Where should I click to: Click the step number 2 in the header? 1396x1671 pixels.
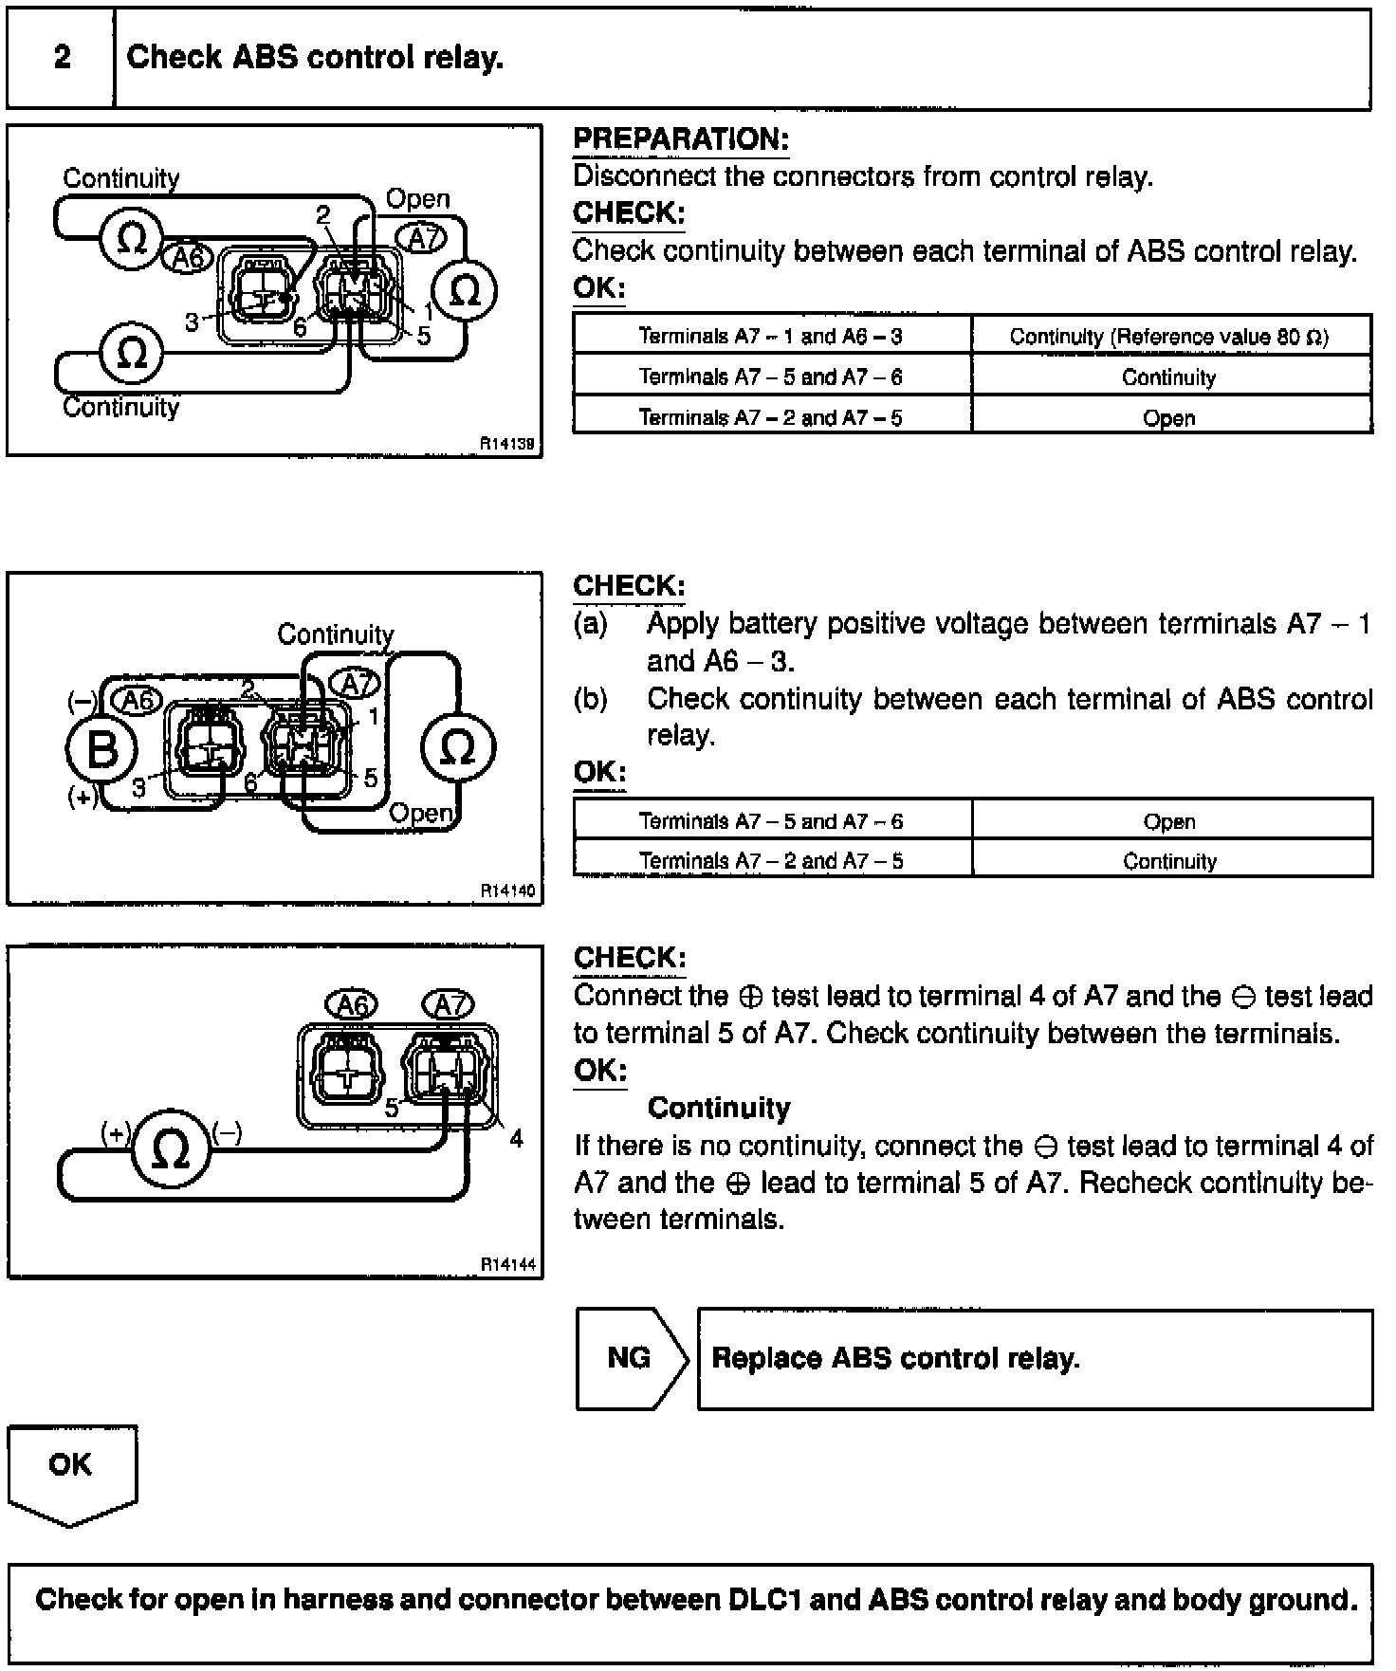click(62, 57)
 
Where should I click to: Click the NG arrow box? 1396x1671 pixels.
click(630, 1358)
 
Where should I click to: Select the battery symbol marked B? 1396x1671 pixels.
click(101, 749)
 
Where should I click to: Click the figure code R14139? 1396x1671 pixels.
click(506, 443)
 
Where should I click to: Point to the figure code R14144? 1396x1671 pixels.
click(507, 1264)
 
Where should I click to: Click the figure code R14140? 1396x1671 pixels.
click(507, 891)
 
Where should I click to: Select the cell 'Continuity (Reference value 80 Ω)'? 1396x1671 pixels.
click(1169, 336)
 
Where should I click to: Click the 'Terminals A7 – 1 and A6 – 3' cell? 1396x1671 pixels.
click(771, 336)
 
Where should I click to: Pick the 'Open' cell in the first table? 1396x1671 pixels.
click(1169, 417)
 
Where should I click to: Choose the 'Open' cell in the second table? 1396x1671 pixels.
click(1169, 821)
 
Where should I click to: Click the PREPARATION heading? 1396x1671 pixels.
click(681, 139)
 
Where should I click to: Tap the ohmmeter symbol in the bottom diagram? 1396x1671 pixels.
click(171, 1150)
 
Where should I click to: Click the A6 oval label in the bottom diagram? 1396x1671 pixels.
click(352, 1004)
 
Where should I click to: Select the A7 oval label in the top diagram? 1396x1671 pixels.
click(420, 239)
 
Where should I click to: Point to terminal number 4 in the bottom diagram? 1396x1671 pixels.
click(516, 1138)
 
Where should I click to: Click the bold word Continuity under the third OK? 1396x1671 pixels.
click(718, 1108)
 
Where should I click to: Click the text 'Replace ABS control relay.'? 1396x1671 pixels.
click(895, 1358)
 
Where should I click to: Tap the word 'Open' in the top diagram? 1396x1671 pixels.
click(417, 199)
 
